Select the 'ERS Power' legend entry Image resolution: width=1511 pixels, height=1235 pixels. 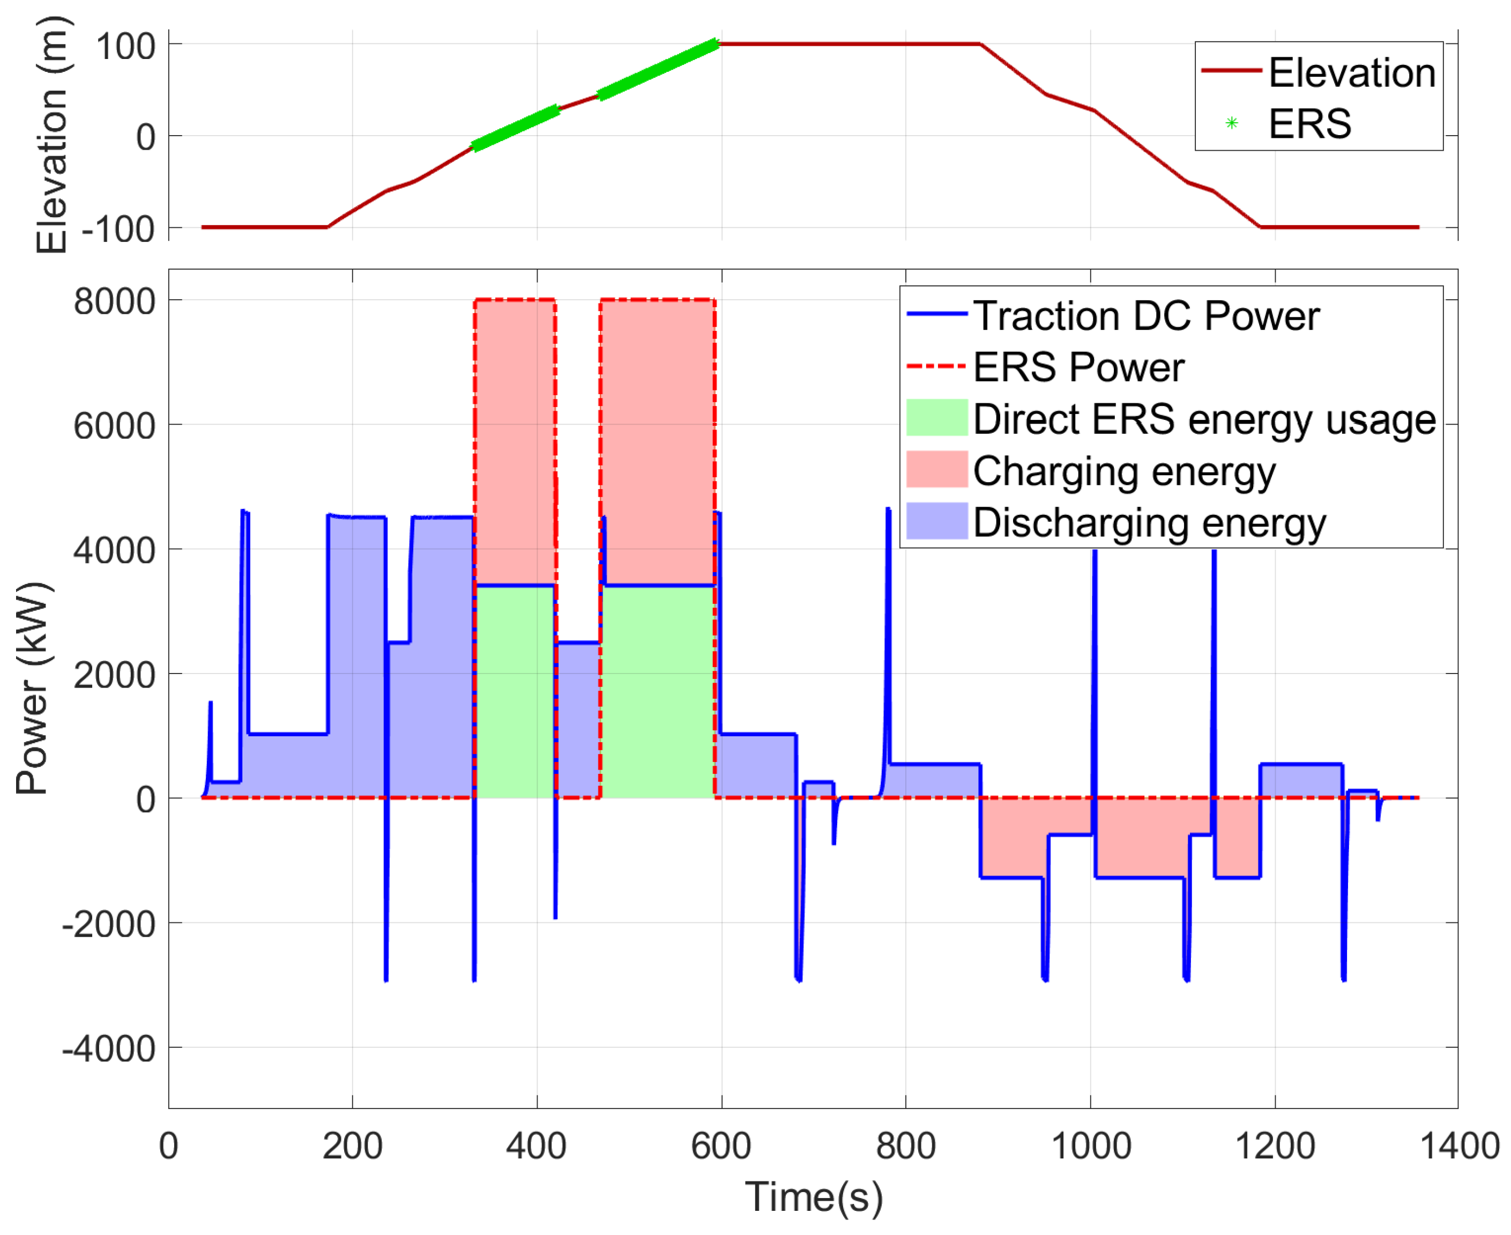coord(1078,367)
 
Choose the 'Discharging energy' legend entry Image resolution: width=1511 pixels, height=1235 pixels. coord(1149,523)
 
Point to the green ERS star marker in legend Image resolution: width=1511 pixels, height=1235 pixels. coord(1232,124)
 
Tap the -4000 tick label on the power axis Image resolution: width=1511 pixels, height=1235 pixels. coord(109,1049)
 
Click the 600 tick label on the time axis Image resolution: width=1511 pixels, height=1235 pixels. coord(721,1147)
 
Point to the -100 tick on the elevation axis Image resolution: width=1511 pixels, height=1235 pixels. coord(118,229)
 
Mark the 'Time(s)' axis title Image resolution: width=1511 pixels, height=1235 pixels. coord(814,1197)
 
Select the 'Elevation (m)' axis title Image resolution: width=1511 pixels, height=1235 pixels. coord(51,135)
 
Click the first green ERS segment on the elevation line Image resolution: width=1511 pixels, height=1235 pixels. coord(516,128)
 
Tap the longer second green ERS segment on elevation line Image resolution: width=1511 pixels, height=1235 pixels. coord(658,70)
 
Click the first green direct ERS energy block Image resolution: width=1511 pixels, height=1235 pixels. coord(515,691)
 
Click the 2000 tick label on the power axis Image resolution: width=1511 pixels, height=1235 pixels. coord(115,675)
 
